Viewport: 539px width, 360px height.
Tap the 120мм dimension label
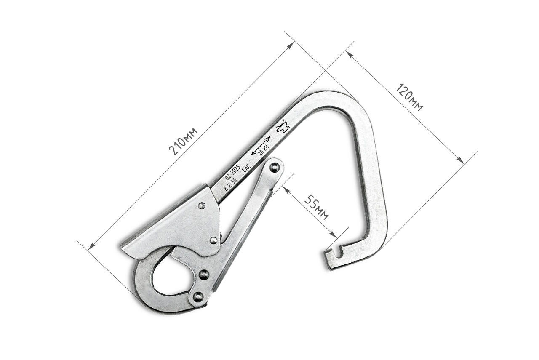[409, 97]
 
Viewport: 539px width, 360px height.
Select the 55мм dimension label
[316, 208]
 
